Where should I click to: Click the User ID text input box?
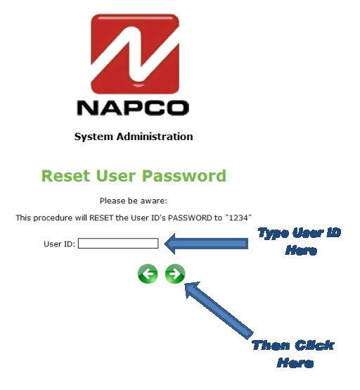tap(118, 244)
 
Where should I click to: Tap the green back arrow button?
tap(148, 274)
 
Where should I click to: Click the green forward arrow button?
tap(175, 274)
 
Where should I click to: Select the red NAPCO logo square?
tap(135, 54)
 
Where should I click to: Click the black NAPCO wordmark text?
tap(133, 108)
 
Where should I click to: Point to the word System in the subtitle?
tap(94, 137)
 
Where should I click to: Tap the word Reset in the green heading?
tap(65, 176)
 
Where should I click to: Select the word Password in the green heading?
tap(184, 176)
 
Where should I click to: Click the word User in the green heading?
tap(116, 176)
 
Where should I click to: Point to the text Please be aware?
tap(134, 201)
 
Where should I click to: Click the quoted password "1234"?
tap(238, 218)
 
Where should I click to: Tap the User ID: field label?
tap(59, 244)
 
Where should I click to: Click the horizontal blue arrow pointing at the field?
tap(206, 244)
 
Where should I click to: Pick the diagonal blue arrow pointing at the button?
tap(219, 310)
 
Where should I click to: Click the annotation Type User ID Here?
tap(300, 241)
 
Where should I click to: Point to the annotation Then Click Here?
tap(293, 353)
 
